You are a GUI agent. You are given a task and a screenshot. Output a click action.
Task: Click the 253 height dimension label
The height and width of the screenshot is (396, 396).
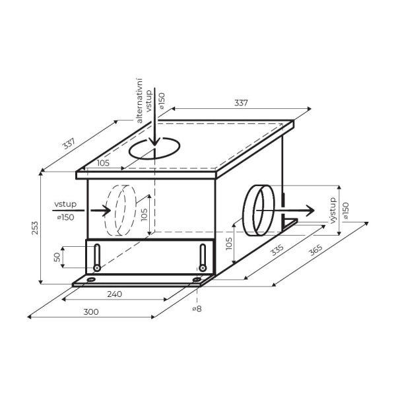coord(35,228)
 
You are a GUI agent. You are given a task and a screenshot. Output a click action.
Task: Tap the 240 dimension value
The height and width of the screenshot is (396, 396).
coord(114,294)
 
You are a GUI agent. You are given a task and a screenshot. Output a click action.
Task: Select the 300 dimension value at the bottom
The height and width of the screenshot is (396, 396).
coord(91,312)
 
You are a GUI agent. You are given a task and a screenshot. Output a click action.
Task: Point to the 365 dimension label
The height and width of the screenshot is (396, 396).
coord(316,249)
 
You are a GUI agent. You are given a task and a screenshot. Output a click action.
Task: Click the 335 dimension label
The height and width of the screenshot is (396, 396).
coord(277,250)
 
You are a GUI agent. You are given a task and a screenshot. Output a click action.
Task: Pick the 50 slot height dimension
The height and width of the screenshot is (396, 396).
coord(57,257)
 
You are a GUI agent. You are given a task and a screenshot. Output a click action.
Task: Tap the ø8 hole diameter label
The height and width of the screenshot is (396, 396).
coord(197,309)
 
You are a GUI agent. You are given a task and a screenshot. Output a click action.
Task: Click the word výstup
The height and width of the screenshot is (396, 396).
coord(333,211)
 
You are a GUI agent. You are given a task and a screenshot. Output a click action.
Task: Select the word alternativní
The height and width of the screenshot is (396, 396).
coord(139,101)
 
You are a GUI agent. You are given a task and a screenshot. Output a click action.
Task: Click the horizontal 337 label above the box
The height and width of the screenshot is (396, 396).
coord(241,103)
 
